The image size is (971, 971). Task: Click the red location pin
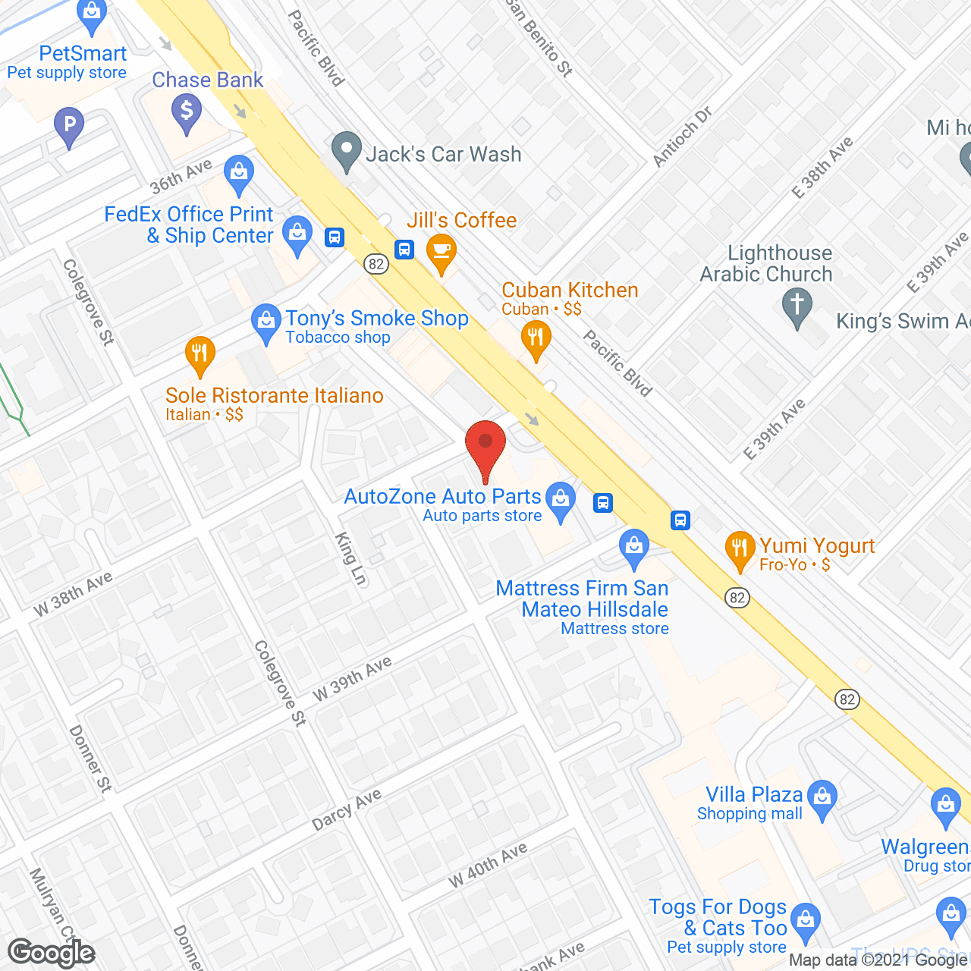pos(485,448)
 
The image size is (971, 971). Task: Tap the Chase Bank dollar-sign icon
pos(186,111)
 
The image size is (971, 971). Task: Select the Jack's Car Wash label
pos(444,154)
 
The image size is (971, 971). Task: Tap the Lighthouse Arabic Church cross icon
pos(797,306)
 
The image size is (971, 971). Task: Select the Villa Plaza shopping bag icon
pos(822,797)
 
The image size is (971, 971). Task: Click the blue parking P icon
pos(69,124)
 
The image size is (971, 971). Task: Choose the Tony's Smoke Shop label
pos(376,319)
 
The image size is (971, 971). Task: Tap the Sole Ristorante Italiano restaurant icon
pos(200,354)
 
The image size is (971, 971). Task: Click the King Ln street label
pos(350,558)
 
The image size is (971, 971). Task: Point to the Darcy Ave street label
pos(347,809)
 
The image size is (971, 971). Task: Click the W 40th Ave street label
pos(487,865)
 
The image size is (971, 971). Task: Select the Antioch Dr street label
pos(683,137)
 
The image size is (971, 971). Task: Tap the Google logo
pos(52,953)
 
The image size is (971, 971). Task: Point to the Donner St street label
pos(90,759)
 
